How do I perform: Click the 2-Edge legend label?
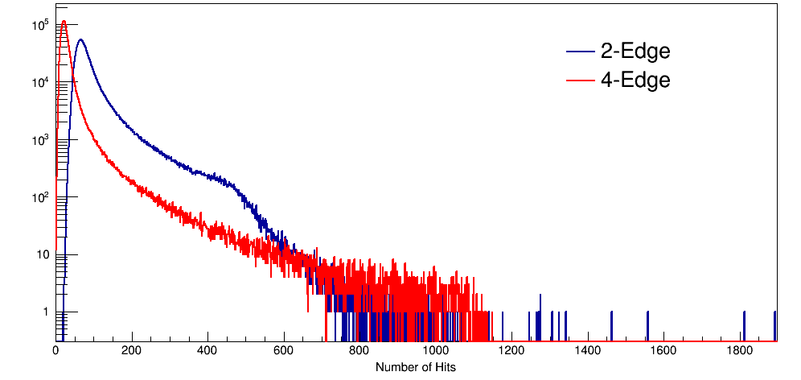(x=635, y=52)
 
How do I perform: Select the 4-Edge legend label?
(x=635, y=81)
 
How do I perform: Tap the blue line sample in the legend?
(x=580, y=52)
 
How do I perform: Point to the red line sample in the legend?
(x=580, y=81)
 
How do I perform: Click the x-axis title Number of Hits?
(x=416, y=367)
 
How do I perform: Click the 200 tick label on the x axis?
(x=132, y=351)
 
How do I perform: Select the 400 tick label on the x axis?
(x=207, y=351)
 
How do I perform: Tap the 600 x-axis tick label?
(x=284, y=351)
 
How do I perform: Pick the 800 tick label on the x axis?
(x=359, y=351)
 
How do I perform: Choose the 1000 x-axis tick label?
(x=436, y=351)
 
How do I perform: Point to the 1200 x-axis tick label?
(x=511, y=351)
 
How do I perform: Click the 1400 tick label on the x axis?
(x=588, y=351)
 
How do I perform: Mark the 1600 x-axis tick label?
(x=663, y=351)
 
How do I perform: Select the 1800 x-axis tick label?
(x=740, y=351)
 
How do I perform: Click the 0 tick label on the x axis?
(x=55, y=351)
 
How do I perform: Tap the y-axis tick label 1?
(x=46, y=312)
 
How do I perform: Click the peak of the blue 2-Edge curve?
(x=80, y=39)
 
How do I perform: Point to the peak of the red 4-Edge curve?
(x=64, y=21)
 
